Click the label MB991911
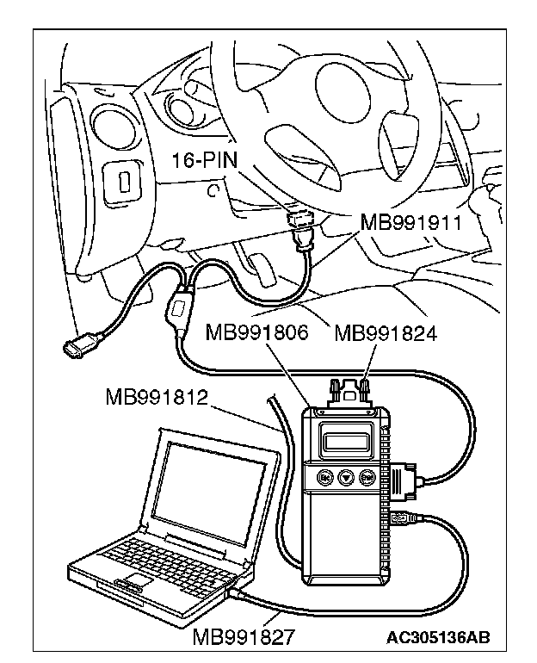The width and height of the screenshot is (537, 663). click(410, 223)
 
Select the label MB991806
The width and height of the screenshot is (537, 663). click(257, 332)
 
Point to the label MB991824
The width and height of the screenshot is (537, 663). click(385, 332)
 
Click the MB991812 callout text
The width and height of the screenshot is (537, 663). click(157, 397)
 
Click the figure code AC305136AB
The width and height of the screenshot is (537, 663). click(438, 637)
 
